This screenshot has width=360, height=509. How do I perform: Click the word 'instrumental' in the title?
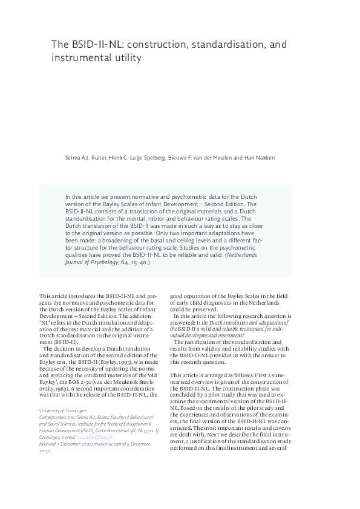[81, 59]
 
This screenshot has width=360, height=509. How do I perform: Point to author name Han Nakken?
[260, 158]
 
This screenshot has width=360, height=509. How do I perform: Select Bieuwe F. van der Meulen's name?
[207, 158]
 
